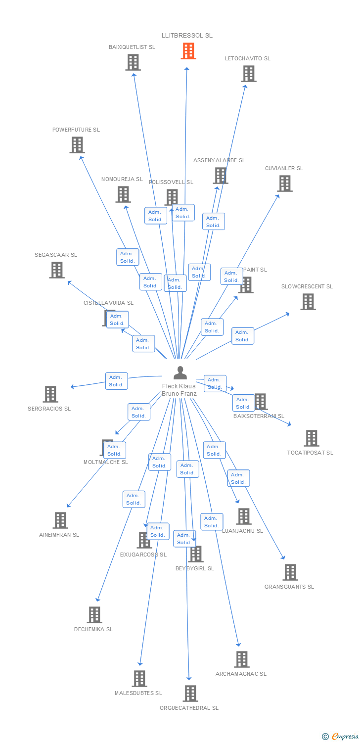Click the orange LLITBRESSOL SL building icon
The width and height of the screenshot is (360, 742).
188,50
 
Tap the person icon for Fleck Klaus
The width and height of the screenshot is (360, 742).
180,372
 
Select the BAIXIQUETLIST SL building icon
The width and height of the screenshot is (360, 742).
133,62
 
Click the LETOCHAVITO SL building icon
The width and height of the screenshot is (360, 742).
248,74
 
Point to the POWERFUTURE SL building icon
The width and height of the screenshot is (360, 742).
77,145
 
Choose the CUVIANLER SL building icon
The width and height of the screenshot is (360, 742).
284,184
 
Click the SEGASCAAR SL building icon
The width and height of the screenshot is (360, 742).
57,270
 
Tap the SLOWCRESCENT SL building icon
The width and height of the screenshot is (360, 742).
308,302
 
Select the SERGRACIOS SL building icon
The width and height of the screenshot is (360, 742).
50,394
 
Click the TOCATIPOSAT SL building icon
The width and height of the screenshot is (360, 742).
311,438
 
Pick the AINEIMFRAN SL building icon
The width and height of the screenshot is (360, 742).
60,520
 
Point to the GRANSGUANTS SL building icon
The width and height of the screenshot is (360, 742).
290,572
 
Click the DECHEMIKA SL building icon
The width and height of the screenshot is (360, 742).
94,615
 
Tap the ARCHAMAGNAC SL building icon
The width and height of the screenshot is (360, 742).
241,659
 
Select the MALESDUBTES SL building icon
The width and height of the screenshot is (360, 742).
139,679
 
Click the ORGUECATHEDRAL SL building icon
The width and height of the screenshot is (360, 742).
190,694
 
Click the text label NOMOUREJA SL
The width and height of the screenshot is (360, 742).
122,179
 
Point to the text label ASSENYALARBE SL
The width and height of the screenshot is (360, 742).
219,160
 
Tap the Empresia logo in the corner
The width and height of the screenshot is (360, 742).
341,736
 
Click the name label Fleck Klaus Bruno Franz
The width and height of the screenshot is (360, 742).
179,390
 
